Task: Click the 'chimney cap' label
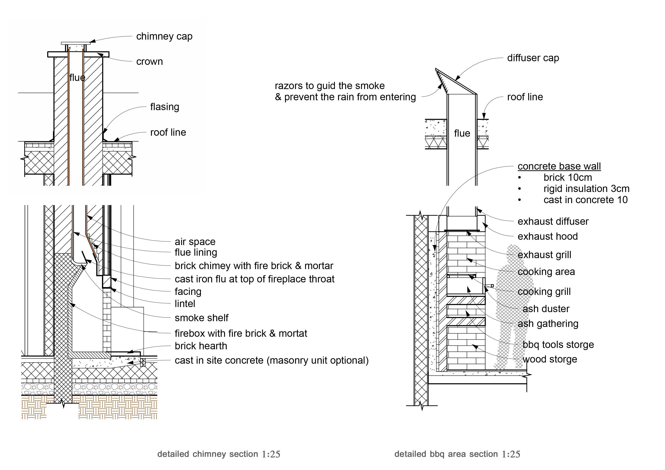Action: (x=164, y=37)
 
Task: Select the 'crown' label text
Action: (x=149, y=62)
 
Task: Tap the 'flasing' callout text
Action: (x=165, y=107)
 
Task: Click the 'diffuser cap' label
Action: (x=533, y=58)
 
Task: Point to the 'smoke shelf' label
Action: (x=201, y=318)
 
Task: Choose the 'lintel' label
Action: (x=185, y=304)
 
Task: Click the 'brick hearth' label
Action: (x=201, y=346)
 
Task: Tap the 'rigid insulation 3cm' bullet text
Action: (x=586, y=189)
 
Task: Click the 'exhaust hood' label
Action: (x=547, y=237)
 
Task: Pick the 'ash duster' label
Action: (x=546, y=309)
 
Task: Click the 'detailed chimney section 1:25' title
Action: (x=219, y=454)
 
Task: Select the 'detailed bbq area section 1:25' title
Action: (x=457, y=454)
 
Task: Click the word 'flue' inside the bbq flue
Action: (x=462, y=133)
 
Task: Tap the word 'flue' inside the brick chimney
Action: (x=77, y=78)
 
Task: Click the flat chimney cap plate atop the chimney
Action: (x=76, y=43)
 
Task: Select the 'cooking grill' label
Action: (x=544, y=292)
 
